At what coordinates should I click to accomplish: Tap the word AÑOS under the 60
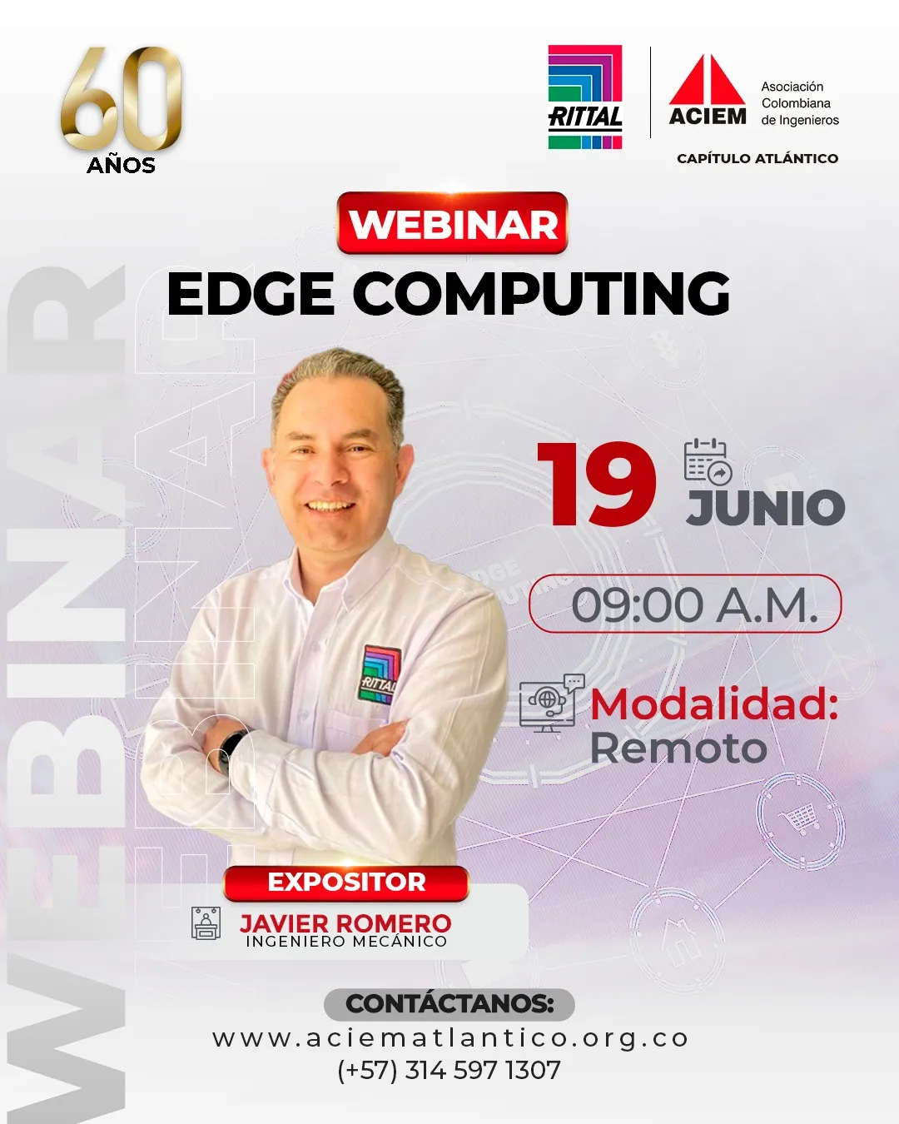[122, 166]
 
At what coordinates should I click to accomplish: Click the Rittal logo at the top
[585, 97]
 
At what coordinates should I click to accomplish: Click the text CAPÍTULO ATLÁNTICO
[757, 158]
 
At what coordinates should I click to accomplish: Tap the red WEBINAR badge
[452, 223]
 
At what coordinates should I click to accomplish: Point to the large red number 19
[597, 485]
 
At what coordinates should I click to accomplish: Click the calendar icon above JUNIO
[708, 460]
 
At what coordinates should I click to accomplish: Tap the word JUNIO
[765, 507]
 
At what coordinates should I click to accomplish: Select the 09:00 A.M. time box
[685, 604]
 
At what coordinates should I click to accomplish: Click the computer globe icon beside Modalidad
[552, 703]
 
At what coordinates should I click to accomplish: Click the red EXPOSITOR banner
[346, 883]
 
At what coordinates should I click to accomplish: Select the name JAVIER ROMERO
[345, 923]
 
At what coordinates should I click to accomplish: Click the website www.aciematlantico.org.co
[450, 1039]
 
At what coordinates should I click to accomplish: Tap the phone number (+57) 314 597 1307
[449, 1070]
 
